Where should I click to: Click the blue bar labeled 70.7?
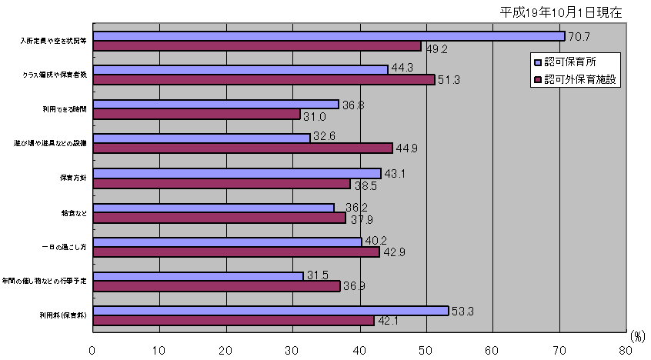click(x=329, y=35)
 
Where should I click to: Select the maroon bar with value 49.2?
click(x=257, y=45)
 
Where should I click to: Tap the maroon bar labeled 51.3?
click(x=264, y=80)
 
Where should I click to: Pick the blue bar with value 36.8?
click(x=215, y=104)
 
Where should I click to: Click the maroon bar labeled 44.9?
click(x=242, y=148)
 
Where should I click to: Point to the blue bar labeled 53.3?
click(x=270, y=310)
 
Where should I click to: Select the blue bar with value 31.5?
click(x=198, y=275)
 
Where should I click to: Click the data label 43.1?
click(x=394, y=174)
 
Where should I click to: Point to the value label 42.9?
click(x=392, y=252)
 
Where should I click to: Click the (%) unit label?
click(x=638, y=336)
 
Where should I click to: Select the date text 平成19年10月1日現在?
click(x=560, y=12)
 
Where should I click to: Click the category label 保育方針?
click(x=72, y=178)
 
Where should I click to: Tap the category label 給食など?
click(x=73, y=212)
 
